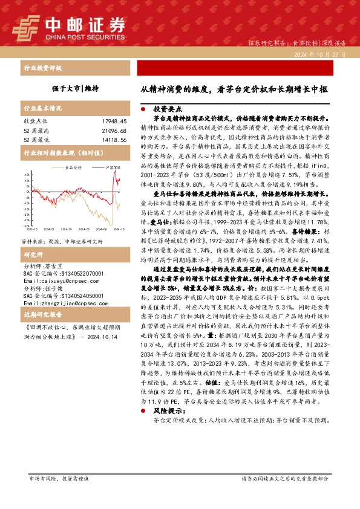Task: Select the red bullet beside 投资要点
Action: pyautogui.click(x=143, y=110)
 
